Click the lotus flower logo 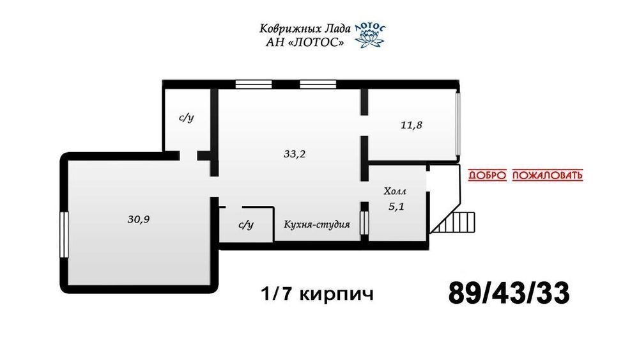click(x=369, y=36)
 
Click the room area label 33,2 click(x=295, y=154)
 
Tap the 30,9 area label click(x=139, y=219)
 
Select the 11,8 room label click(x=411, y=125)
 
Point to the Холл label click(x=395, y=191)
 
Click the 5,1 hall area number click(x=396, y=207)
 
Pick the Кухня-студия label click(x=317, y=224)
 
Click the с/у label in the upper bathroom click(x=186, y=118)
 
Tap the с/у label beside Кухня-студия click(x=246, y=224)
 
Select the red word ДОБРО click(x=487, y=175)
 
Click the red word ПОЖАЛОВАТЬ click(x=548, y=175)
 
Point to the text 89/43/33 click(x=509, y=293)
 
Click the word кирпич click(x=336, y=293)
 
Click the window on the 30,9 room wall click(x=64, y=235)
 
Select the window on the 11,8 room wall click(x=458, y=124)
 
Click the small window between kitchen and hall click(x=364, y=223)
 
